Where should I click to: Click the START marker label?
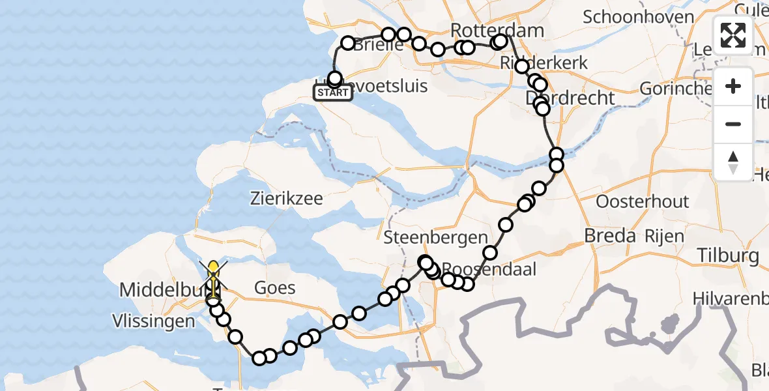click(333, 93)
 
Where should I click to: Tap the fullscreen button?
click(733, 35)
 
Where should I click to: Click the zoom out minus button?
click(733, 124)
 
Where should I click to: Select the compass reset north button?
click(733, 162)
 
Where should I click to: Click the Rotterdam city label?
click(487, 30)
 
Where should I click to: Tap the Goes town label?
click(274, 287)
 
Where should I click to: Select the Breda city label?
click(610, 236)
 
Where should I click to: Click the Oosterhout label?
click(642, 201)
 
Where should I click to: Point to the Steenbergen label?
click(435, 237)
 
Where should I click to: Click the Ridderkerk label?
click(544, 63)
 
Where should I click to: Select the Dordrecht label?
click(571, 98)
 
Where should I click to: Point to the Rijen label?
click(665, 236)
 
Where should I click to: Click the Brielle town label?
click(380, 45)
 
